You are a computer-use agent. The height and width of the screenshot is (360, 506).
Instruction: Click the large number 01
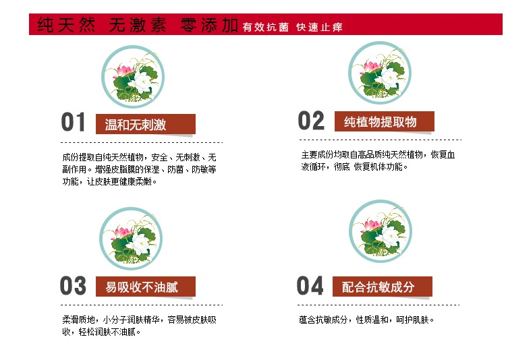[74, 122]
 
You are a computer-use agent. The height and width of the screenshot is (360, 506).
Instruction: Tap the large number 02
[311, 120]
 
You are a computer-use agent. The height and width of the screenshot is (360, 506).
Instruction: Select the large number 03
[74, 285]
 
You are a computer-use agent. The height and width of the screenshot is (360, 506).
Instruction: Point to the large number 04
[310, 285]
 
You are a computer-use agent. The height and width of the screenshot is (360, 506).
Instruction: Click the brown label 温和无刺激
[146, 124]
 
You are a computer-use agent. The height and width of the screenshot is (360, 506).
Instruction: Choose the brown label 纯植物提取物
[385, 121]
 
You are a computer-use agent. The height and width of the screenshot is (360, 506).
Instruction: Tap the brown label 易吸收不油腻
[146, 287]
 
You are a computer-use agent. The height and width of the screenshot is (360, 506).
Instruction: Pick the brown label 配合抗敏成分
[383, 287]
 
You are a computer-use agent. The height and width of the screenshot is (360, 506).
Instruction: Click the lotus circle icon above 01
[133, 77]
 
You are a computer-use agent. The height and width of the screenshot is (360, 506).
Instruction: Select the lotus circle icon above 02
[380, 73]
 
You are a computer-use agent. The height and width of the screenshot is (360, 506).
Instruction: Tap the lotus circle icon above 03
[131, 239]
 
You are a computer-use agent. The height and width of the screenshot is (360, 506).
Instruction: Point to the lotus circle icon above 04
[381, 231]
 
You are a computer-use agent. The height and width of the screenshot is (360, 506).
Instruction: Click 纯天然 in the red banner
[67, 25]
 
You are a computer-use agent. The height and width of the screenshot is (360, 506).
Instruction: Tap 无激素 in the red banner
[138, 25]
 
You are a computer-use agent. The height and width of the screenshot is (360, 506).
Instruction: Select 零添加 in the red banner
[209, 25]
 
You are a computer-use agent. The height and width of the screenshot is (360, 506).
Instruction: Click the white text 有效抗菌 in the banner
[266, 27]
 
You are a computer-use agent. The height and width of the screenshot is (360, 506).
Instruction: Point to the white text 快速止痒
[319, 27]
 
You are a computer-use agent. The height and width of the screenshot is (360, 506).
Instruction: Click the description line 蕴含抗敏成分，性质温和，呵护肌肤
[366, 320]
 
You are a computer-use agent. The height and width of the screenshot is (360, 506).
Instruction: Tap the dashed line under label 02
[381, 140]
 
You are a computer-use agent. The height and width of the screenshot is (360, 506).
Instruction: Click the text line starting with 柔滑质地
[140, 320]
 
